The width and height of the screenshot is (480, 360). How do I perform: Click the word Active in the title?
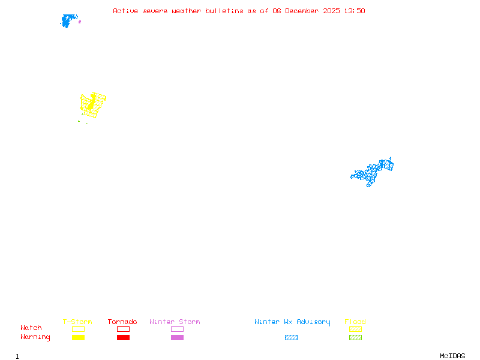[x=126, y=11]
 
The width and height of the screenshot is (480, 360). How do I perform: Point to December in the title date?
[x=305, y=11]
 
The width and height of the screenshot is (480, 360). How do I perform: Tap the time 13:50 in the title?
[x=354, y=11]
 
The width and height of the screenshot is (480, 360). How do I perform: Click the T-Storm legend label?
[x=77, y=322]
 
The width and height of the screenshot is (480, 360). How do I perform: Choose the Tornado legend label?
[x=122, y=322]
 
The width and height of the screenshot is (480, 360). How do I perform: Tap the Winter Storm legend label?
[x=175, y=322]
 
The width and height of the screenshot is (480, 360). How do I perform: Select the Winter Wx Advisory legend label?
[x=292, y=322]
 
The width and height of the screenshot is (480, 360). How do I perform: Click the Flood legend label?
[x=355, y=322]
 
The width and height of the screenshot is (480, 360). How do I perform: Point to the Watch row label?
[x=31, y=328]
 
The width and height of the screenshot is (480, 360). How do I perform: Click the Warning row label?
[x=35, y=337]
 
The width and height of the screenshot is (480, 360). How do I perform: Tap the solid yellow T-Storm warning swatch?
[x=78, y=337]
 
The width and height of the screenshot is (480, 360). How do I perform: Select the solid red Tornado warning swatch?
[x=123, y=337]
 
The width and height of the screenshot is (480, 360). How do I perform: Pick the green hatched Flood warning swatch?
[x=355, y=337]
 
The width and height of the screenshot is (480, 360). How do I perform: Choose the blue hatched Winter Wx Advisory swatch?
[x=291, y=337]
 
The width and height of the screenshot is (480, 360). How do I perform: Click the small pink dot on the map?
[x=80, y=22]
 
